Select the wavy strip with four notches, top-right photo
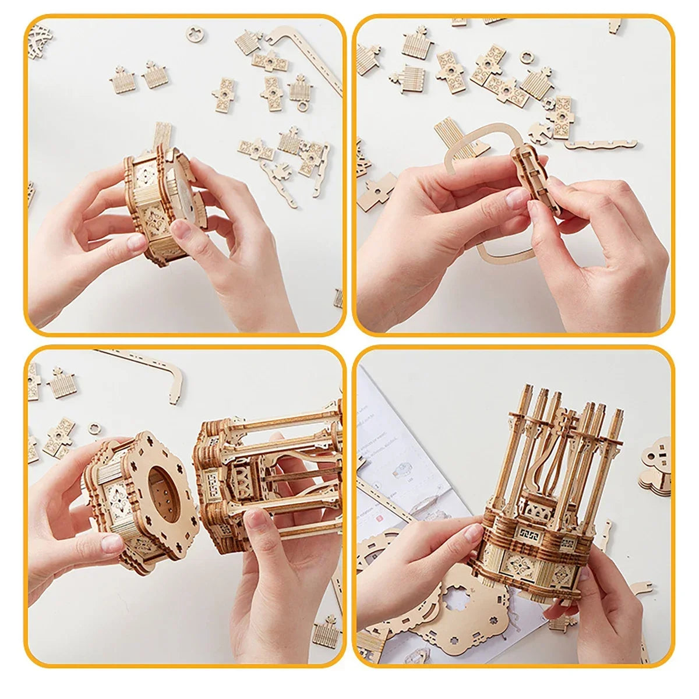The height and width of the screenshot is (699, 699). [600, 143]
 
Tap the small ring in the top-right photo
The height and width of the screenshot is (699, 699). [527, 58]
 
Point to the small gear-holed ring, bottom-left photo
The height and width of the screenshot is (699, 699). [94, 428]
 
